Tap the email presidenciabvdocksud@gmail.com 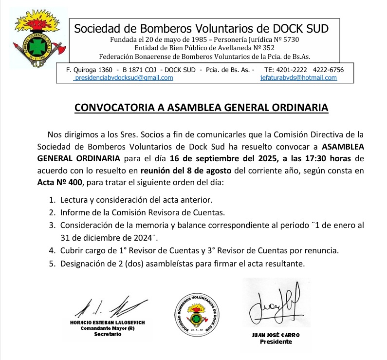click(x=123, y=78)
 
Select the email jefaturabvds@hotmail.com click(x=298, y=78)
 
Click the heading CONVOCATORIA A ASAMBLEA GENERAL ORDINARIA click(x=201, y=108)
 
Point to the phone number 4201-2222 click(x=294, y=70)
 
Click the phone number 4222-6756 click(x=328, y=70)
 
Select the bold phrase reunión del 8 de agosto click(x=186, y=171)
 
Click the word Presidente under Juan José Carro click(x=276, y=342)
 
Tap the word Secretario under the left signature click(x=108, y=334)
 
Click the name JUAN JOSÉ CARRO click(x=276, y=335)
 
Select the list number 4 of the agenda click(x=52, y=251)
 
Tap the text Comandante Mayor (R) click(x=108, y=328)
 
